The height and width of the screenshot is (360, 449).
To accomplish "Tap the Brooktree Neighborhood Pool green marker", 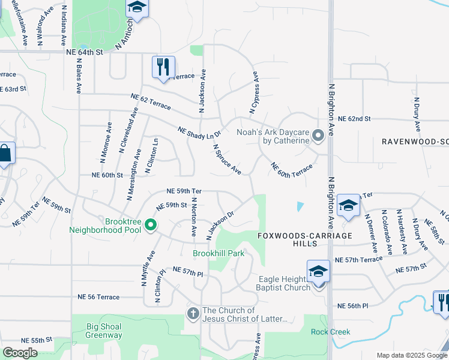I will point(150,226).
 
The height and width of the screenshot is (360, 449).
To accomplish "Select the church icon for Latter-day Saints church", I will point(193,313).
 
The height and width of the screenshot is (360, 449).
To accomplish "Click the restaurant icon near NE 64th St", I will point(163,67).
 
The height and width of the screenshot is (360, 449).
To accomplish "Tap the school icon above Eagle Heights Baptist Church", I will point(318,272).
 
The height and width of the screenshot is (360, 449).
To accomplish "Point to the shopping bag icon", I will point(5,154).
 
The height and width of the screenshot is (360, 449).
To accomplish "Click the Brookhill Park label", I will point(218,253).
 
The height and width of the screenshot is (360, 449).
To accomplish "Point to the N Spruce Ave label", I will point(227,159).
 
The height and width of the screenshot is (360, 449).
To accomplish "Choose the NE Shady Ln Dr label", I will point(200,133).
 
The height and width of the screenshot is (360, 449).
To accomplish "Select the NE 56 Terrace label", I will point(98,297).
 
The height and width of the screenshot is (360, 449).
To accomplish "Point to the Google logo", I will point(20,353).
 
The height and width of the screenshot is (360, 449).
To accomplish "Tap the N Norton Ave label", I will point(194,215).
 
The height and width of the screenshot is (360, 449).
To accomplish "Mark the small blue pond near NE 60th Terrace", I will point(300,206).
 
